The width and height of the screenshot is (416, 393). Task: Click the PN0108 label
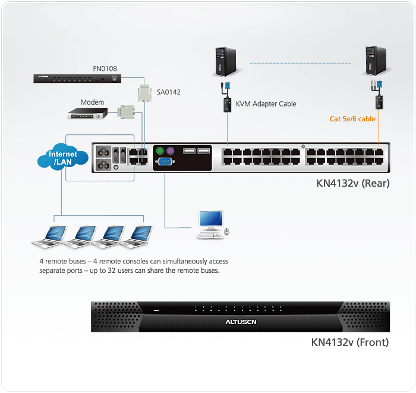105,69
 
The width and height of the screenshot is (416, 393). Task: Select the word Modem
92,102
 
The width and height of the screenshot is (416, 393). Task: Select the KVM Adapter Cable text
266,104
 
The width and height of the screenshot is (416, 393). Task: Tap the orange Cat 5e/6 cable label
352,119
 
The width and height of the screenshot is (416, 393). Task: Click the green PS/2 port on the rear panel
160,151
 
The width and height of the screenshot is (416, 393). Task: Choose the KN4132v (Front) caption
350,342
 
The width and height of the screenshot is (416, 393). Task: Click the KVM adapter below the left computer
226,105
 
